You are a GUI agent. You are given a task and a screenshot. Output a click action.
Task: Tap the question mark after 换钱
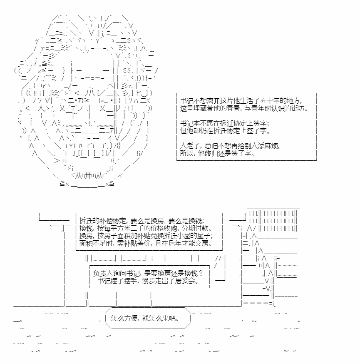(201, 273)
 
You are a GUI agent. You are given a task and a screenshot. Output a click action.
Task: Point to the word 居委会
(187, 281)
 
